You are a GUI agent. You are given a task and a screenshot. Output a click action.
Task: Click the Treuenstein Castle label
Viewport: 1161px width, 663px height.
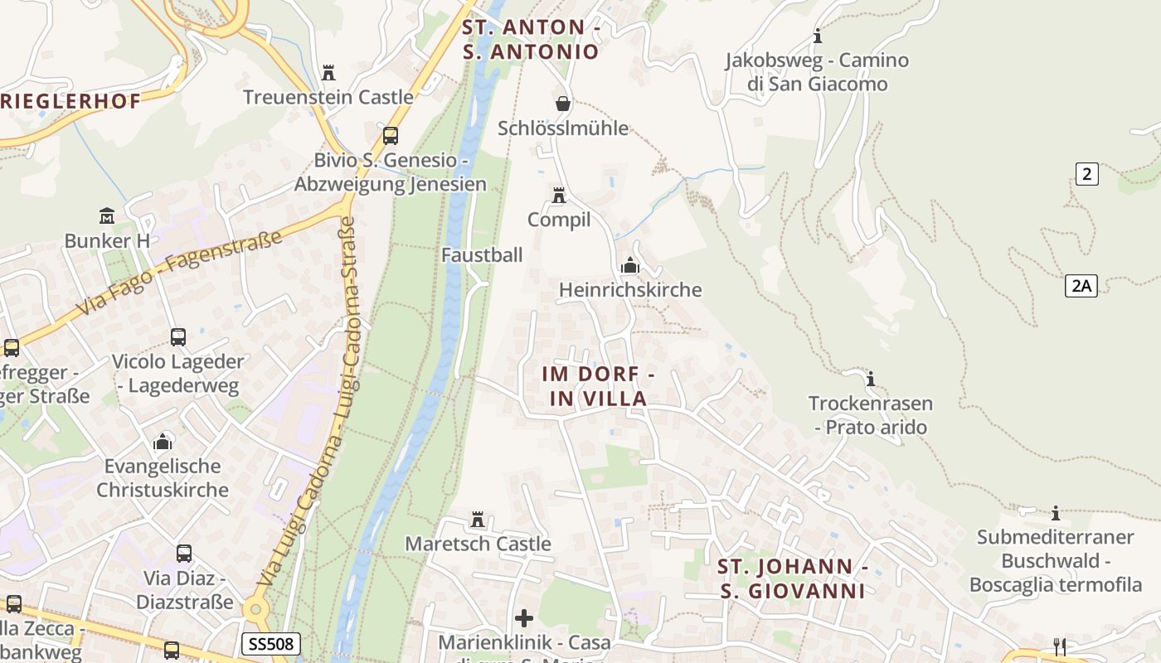(x=328, y=97)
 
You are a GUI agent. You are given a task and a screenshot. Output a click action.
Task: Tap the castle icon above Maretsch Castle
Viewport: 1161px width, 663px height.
(x=478, y=520)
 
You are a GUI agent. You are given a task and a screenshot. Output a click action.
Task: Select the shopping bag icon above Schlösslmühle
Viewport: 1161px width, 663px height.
(x=563, y=104)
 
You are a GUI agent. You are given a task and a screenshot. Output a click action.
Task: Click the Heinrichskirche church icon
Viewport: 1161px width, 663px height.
(x=630, y=266)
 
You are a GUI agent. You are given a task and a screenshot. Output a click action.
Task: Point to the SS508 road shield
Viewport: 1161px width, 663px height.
(x=271, y=644)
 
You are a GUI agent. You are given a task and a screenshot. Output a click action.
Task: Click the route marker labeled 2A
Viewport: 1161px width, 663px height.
(x=1081, y=286)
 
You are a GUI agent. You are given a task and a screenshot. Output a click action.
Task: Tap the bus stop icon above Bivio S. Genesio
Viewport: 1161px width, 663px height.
(x=391, y=135)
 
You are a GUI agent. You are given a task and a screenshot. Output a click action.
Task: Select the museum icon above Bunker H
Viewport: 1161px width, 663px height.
(x=107, y=216)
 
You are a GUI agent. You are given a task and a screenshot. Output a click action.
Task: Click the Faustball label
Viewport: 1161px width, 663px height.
(x=482, y=255)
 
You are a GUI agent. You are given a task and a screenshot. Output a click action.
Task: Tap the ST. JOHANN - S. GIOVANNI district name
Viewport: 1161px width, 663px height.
(x=793, y=579)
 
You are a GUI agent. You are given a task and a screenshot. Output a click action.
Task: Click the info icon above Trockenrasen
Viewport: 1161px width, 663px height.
(x=871, y=380)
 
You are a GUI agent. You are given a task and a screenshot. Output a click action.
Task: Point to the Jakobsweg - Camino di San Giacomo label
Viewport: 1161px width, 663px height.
(x=817, y=72)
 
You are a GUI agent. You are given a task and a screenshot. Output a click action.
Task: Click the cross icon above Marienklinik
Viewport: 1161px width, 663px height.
(x=524, y=618)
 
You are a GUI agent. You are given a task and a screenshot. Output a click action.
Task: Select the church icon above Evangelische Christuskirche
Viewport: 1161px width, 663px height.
(x=163, y=441)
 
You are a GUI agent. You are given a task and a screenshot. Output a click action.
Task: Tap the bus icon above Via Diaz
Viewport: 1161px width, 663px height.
(x=184, y=553)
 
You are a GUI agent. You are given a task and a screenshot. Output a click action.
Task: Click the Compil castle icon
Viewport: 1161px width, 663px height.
(x=559, y=196)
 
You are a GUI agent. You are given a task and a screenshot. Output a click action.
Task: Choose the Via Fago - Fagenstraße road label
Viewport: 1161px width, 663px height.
(x=179, y=273)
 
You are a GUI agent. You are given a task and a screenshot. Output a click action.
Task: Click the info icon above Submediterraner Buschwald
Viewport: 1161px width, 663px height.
(x=1056, y=513)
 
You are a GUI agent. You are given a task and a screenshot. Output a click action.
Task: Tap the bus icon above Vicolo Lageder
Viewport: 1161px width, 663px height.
(x=178, y=337)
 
